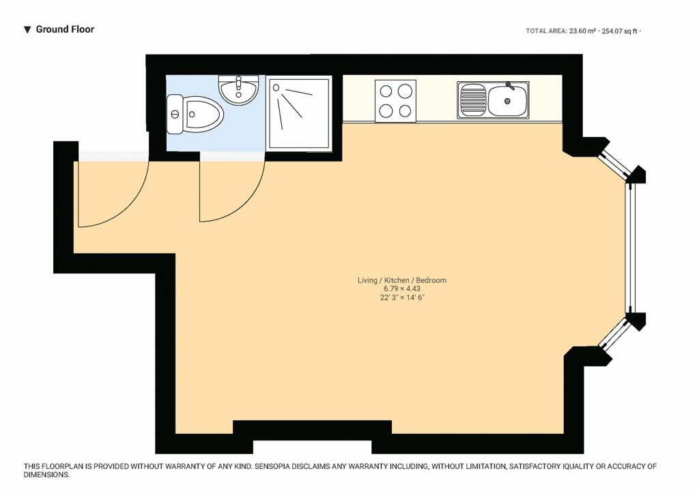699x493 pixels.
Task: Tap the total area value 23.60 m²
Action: (582, 31)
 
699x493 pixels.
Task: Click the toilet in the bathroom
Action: (195, 115)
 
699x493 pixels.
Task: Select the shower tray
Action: (299, 113)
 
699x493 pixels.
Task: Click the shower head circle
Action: (276, 88)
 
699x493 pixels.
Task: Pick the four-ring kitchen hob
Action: (395, 101)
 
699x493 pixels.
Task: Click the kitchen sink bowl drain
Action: (507, 101)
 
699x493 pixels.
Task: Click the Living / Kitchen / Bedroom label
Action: (401, 280)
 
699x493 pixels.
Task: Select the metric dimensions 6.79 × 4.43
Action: (401, 288)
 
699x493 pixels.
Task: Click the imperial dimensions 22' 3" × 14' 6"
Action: (401, 297)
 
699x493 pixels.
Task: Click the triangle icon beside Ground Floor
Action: (27, 30)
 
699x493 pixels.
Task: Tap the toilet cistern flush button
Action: (174, 115)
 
